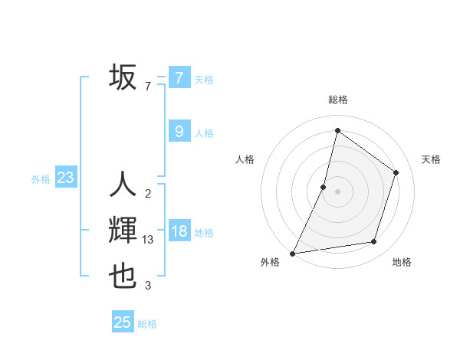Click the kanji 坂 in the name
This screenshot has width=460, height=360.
pos(123,77)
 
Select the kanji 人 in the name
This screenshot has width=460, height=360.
pos(123,184)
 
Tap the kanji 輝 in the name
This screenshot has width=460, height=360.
pos(123,231)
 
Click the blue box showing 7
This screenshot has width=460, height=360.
pos(179,77)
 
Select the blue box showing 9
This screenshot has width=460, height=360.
pos(179,132)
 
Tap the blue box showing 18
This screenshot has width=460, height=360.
pos(179,231)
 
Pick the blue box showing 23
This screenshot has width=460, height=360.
pos(65,178)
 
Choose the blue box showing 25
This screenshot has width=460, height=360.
pos(123,322)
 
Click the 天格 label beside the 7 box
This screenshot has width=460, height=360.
pos(204,79)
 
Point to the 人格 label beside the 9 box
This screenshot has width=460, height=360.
pos(204,133)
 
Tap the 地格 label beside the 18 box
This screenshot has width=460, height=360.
pos(204,233)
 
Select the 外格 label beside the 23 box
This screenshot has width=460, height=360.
pos(41,179)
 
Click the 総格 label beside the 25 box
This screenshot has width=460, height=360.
pos(147,324)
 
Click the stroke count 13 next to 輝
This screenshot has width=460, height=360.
pos(148,240)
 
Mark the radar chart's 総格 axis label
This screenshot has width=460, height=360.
pos(337,100)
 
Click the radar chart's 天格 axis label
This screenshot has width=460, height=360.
pos(431,159)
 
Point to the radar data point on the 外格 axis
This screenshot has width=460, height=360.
pos(292,253)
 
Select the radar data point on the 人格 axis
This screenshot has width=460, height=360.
pos(324,187)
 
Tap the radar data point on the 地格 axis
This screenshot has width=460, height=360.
pos(374,242)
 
